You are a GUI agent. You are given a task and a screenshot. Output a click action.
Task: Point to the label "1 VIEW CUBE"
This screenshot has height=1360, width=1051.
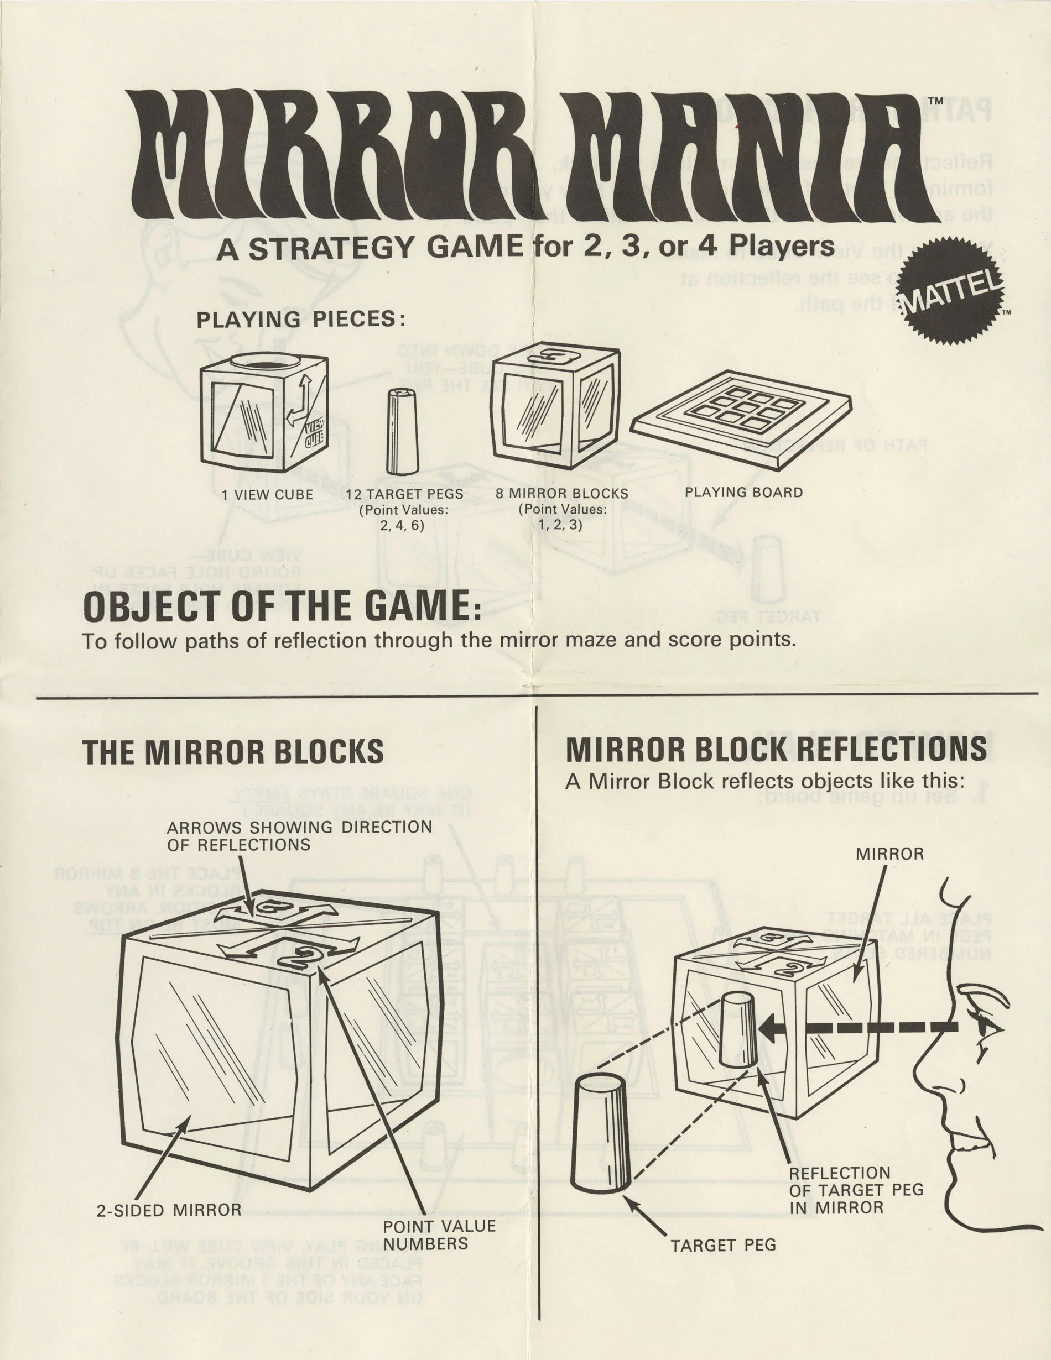point(267,494)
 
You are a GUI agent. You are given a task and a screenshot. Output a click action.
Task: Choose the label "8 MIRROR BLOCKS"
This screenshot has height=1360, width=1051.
point(562,493)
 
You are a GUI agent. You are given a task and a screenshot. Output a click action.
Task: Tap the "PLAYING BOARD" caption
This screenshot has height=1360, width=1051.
point(743,492)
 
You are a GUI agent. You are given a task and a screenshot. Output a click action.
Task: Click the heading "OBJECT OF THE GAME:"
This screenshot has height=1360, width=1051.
point(282,607)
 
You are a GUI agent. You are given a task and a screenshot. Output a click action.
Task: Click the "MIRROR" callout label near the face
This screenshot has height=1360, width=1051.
point(889,854)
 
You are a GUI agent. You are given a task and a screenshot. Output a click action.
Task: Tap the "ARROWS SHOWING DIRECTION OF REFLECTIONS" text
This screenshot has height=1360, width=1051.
point(299,836)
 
